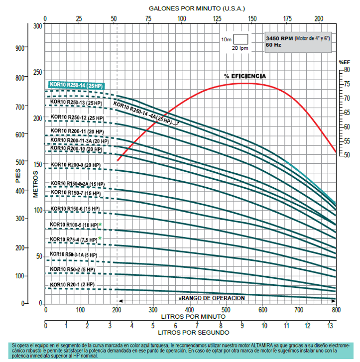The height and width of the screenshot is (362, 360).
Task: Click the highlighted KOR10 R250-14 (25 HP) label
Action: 76,85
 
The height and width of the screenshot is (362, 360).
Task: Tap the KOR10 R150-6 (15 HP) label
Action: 75,209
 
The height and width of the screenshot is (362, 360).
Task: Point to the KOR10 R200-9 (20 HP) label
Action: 75,165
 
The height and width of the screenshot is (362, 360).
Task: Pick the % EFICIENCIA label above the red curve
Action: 244,76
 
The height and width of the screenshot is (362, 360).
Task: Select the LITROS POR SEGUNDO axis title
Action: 194,332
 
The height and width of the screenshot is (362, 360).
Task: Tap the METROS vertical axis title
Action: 36,184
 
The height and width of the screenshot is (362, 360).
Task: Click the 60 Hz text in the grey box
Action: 273,45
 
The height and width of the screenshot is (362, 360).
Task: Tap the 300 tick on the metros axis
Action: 37,25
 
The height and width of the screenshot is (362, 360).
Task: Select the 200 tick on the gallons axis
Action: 319,18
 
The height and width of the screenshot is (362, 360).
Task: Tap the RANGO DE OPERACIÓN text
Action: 212,298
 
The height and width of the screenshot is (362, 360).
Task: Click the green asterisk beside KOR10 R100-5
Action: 100,225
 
